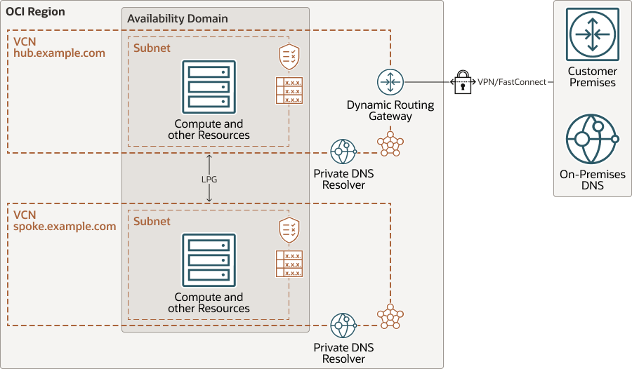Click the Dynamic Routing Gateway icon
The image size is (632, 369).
(390, 82)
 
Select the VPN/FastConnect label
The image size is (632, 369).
(511, 82)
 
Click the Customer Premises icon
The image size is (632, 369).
(592, 34)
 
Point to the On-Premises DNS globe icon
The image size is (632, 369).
(592, 139)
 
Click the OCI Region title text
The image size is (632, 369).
(36, 12)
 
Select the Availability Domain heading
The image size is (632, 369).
(177, 18)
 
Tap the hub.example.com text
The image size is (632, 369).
(59, 53)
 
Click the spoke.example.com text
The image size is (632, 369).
(65, 227)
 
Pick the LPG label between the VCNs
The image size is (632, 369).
(209, 180)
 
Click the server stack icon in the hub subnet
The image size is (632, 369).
(209, 87)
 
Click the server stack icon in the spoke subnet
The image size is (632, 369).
(209, 260)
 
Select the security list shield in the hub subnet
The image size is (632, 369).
(289, 55)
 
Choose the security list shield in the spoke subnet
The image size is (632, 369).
(289, 229)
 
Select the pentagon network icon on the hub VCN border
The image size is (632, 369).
(390, 144)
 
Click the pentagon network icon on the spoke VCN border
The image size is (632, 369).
(390, 316)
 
